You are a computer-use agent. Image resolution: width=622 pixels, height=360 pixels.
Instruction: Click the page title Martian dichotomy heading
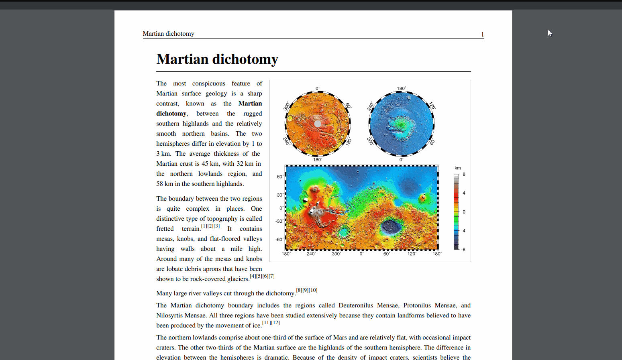[x=217, y=59]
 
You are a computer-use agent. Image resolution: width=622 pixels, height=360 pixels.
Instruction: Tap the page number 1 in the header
[x=482, y=35]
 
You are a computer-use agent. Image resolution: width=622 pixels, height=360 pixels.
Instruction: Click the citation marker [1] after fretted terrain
[x=204, y=226]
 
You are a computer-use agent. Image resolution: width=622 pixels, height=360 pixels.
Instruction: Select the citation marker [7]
[x=272, y=276]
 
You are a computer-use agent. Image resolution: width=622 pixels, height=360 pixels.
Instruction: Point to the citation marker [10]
[x=313, y=290]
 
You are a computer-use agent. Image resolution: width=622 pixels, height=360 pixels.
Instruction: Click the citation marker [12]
[x=275, y=323]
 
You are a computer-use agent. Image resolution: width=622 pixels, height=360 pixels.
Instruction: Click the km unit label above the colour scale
[x=457, y=168]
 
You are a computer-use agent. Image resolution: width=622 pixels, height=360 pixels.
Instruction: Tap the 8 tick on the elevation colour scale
[x=464, y=174]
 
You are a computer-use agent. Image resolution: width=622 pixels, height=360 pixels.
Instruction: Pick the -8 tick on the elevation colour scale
[x=463, y=250]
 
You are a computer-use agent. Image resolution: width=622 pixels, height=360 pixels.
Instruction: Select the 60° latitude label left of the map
[x=280, y=177]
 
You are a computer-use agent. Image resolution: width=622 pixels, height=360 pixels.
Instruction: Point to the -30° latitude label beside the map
[x=279, y=221]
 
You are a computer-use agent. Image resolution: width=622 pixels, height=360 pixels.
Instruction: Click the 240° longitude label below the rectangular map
[x=311, y=254]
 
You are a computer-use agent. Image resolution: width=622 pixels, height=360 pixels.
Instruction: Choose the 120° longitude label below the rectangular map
[x=412, y=254]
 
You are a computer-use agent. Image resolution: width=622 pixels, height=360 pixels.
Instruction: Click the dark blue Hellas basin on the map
[x=390, y=228]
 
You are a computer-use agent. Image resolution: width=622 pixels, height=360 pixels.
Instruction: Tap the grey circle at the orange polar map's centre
[x=317, y=124]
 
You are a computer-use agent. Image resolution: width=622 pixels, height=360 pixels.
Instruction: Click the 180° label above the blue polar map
[x=401, y=88]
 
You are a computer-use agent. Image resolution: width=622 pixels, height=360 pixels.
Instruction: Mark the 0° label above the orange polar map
[x=318, y=88]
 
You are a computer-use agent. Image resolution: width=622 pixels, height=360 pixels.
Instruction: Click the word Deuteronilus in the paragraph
[x=356, y=305]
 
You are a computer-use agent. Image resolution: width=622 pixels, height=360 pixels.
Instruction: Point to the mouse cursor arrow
[x=550, y=33]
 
